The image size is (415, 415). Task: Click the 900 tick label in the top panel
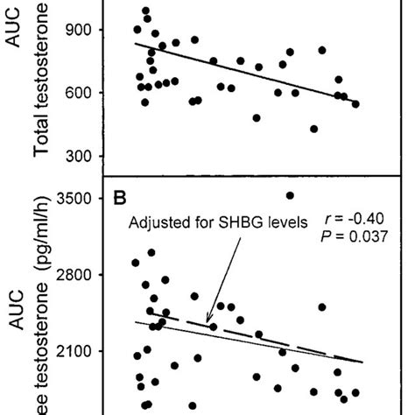pyautogui.click(x=91, y=30)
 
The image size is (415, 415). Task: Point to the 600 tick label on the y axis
pyautogui.click(x=91, y=93)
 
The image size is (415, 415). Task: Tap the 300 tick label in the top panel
pyautogui.click(x=91, y=157)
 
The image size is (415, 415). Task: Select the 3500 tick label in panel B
pyautogui.click(x=86, y=199)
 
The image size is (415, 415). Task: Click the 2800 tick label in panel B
pyautogui.click(x=86, y=275)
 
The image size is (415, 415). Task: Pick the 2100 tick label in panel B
pyautogui.click(x=86, y=351)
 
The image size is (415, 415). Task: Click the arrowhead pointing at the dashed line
pyautogui.click(x=208, y=323)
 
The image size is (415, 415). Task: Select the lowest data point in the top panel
pyautogui.click(x=313, y=129)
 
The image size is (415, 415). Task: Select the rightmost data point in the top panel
pyautogui.click(x=355, y=103)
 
